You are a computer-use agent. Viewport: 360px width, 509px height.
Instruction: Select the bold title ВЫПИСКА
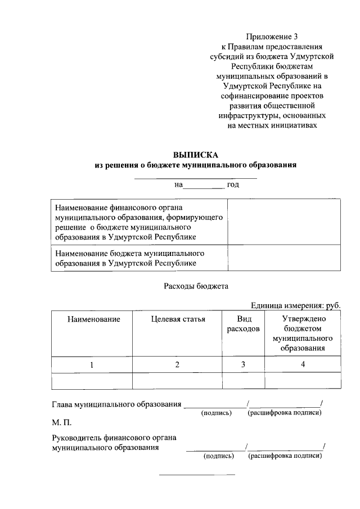point(195,155)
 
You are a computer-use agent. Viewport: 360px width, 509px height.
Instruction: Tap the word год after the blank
point(233,185)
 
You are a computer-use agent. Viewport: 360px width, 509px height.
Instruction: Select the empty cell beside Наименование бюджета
point(284,258)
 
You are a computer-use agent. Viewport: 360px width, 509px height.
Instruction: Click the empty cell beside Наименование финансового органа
point(284,222)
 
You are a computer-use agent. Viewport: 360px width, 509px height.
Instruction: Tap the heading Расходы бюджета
point(196,286)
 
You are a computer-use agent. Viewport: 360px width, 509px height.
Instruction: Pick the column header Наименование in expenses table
point(93,319)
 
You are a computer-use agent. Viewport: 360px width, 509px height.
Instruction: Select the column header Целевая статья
point(178,319)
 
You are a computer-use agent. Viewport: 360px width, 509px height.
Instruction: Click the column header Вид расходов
point(243,324)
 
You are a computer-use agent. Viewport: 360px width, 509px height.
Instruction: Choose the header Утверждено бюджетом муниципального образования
point(303,334)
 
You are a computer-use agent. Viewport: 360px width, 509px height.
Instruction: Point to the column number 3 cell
point(243,365)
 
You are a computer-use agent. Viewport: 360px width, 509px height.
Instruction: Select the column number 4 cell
point(303,365)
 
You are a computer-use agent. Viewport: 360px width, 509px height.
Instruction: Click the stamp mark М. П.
point(61,421)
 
